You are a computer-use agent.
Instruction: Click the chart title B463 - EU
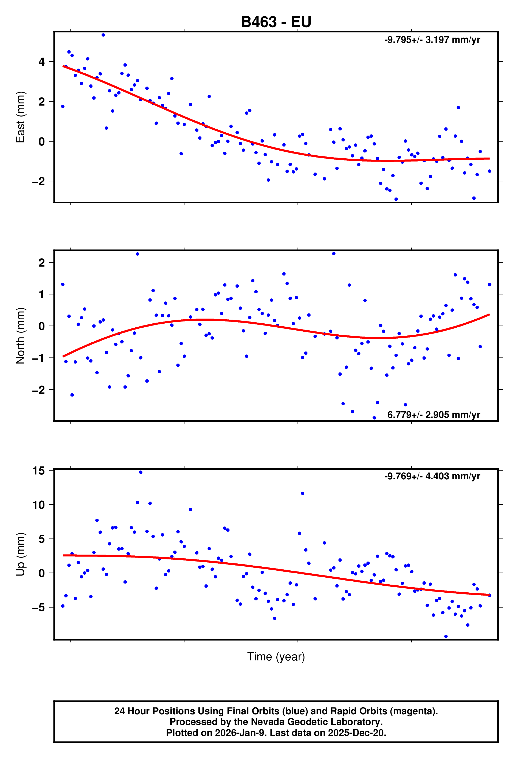click(276, 22)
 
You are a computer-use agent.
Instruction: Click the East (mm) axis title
click(21, 117)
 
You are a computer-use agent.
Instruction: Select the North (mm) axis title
click(21, 336)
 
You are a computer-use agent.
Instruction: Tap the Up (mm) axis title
click(21, 554)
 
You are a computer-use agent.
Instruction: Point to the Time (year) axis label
click(276, 656)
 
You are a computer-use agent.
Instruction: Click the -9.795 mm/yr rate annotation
click(432, 40)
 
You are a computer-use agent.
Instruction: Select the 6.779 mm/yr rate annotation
click(434, 415)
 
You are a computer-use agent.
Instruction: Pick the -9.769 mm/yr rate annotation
click(432, 476)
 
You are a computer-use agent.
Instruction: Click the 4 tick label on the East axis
click(42, 62)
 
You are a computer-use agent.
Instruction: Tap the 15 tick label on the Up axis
click(39, 471)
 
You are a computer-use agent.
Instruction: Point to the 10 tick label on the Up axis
click(39, 505)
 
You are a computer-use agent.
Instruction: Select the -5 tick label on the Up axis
click(39, 607)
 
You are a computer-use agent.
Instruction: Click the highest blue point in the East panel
click(103, 35)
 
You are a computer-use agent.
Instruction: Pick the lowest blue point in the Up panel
click(446, 637)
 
